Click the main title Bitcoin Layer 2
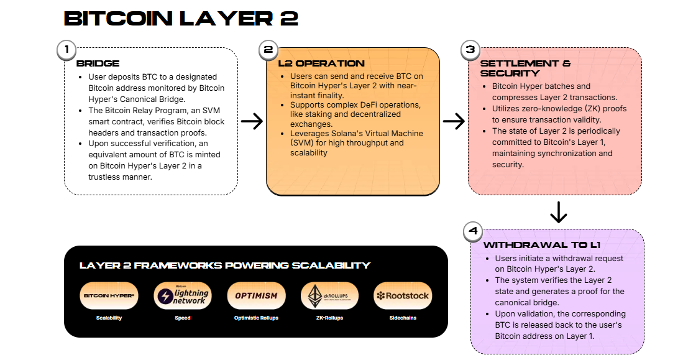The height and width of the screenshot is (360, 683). coord(181,19)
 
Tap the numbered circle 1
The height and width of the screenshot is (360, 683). coord(66,50)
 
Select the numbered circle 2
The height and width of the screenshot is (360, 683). coord(268,50)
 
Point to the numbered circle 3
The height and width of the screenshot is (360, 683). coord(470,50)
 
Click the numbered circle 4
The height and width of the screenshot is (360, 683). coord(474,232)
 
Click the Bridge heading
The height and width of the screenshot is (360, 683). coord(98,63)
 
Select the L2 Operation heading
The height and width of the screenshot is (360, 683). coord(321,63)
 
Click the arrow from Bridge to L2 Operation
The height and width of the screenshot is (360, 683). coord(252,121)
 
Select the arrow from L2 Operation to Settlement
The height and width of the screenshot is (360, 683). coord(454,121)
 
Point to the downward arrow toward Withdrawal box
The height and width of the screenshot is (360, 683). coord(559,212)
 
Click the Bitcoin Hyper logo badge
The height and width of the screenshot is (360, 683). coord(109,296)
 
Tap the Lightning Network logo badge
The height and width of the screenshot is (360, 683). coord(183,296)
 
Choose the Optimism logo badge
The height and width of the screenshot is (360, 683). coord(256,296)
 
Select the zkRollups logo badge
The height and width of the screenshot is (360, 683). coord(329,296)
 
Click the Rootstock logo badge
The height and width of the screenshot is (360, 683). coord(403,296)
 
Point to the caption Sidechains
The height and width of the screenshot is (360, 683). coord(403,318)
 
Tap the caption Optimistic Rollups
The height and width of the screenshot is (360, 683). coord(256,318)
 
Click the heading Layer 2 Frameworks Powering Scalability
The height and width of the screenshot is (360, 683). coord(225,265)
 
